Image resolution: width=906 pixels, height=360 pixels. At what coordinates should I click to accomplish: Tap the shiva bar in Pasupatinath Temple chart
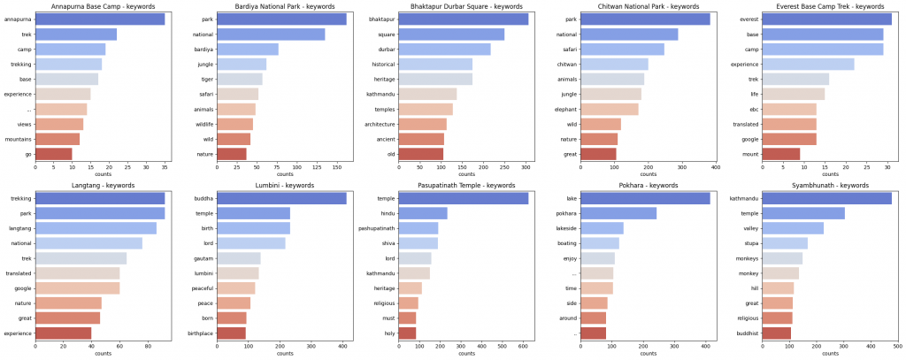418,243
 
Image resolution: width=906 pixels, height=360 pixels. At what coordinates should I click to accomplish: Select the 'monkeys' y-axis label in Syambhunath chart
746,258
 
